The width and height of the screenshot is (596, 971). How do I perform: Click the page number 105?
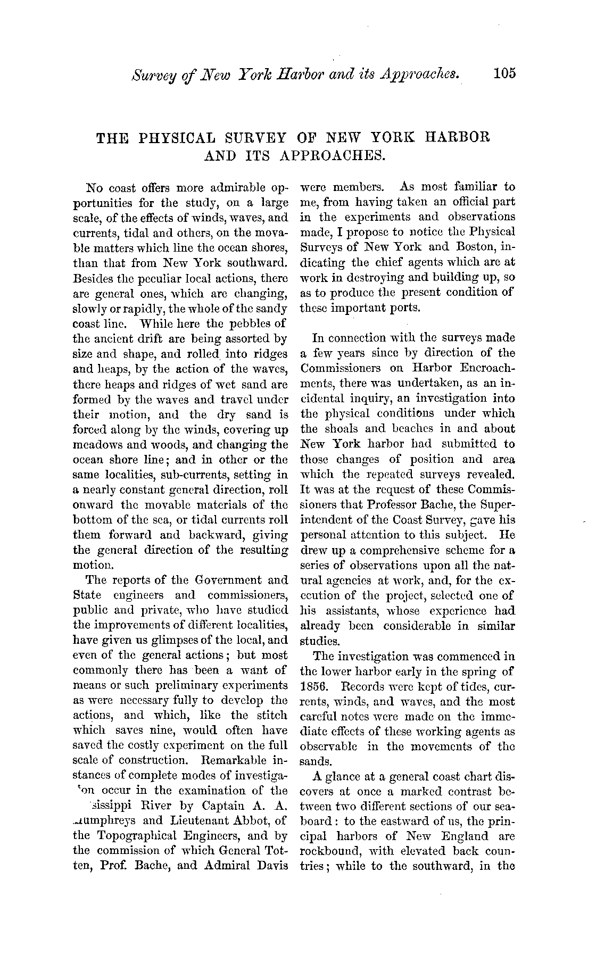coord(504,74)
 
